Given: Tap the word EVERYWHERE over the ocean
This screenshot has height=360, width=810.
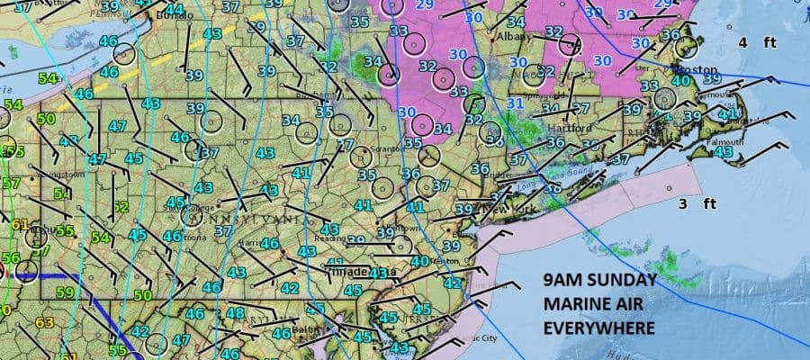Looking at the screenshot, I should [x=599, y=327].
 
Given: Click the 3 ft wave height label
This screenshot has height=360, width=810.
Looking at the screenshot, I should [x=696, y=203].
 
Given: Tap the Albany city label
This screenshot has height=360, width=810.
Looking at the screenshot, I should [x=517, y=39].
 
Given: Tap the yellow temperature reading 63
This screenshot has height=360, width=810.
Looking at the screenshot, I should [x=45, y=322].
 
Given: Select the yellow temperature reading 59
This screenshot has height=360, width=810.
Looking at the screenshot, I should [x=65, y=292].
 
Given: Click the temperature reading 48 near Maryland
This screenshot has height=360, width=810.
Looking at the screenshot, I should [x=235, y=313].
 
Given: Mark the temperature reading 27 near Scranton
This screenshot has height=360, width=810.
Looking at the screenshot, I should [x=345, y=144].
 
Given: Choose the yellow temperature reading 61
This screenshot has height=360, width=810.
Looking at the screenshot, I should [x=19, y=224].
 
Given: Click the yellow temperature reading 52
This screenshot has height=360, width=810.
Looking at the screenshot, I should [x=120, y=207].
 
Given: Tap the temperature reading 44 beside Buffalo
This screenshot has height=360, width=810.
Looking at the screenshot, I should [x=175, y=10].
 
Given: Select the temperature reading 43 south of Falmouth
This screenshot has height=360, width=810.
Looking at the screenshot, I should [x=722, y=152].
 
